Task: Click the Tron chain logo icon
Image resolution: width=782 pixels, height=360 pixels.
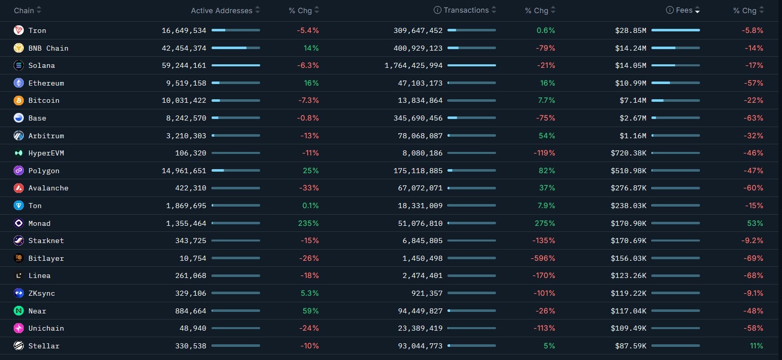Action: (19, 30)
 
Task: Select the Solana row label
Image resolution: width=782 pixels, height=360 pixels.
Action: (42, 65)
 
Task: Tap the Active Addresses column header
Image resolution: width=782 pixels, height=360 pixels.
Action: (221, 11)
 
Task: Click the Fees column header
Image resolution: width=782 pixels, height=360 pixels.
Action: (684, 10)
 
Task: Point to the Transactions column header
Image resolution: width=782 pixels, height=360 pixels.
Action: (466, 10)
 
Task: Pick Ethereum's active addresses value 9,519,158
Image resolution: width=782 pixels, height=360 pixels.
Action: (184, 83)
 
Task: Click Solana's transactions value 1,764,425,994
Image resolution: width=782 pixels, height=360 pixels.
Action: (414, 65)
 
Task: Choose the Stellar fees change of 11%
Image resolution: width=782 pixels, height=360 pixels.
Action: (756, 346)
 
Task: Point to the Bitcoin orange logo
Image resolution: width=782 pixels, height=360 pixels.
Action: (19, 100)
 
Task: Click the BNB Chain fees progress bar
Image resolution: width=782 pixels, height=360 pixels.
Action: (675, 48)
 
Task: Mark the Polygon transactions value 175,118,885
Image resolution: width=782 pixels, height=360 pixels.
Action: (418, 171)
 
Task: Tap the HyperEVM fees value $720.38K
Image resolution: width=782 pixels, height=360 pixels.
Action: (628, 153)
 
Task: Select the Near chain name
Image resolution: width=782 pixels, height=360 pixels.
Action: (37, 311)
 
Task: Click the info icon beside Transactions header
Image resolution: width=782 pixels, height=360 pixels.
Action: (437, 10)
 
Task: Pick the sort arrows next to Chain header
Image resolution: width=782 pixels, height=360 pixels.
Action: (39, 10)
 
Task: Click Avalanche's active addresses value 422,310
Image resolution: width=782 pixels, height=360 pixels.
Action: (186, 188)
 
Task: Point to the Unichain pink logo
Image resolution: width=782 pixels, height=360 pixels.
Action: (19, 328)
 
